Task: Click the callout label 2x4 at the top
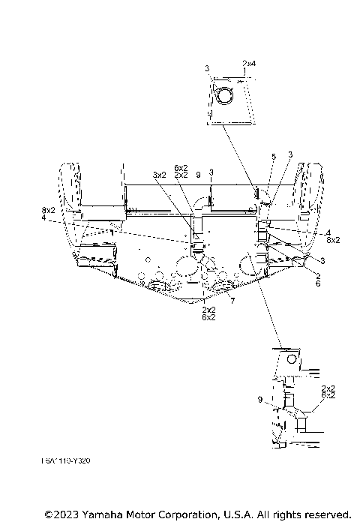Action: tap(249, 64)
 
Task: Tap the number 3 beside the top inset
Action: tap(207, 68)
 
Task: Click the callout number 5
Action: tap(274, 155)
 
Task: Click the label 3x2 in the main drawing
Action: tap(159, 174)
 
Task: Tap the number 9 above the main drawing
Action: tap(198, 174)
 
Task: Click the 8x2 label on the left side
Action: tap(48, 211)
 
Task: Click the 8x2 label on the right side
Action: tap(332, 240)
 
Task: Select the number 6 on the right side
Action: tap(318, 284)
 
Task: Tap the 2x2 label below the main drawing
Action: tap(209, 309)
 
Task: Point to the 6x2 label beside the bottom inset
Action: tap(328, 394)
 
